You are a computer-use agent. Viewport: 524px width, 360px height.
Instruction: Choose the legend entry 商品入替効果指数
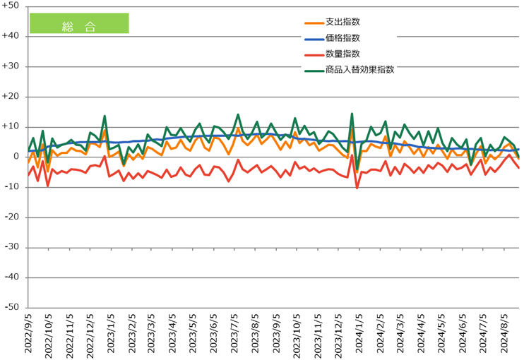pyautogui.click(x=359, y=70)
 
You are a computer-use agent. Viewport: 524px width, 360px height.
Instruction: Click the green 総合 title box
pyautogui.click(x=79, y=23)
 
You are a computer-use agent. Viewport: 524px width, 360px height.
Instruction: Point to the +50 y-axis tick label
pyautogui.click(x=11, y=6)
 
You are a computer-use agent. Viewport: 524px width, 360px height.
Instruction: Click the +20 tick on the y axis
pyautogui.click(x=11, y=96)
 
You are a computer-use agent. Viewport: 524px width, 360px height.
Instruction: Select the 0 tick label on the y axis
pyautogui.click(x=17, y=157)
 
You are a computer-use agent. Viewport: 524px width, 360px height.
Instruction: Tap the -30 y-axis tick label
pyautogui.click(x=13, y=248)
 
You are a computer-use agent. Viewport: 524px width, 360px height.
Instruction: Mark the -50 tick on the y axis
pyautogui.click(x=13, y=308)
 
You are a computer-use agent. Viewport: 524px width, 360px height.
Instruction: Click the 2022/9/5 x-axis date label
pyautogui.click(x=29, y=335)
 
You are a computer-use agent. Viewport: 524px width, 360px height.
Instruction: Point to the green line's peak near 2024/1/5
pyautogui.click(x=352, y=114)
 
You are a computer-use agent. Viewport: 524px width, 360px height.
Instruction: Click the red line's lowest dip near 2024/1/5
pyautogui.click(x=357, y=188)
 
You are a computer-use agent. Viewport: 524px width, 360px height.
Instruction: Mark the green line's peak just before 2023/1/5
pyautogui.click(x=105, y=116)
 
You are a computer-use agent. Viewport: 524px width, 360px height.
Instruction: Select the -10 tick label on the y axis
pyautogui.click(x=13, y=187)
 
